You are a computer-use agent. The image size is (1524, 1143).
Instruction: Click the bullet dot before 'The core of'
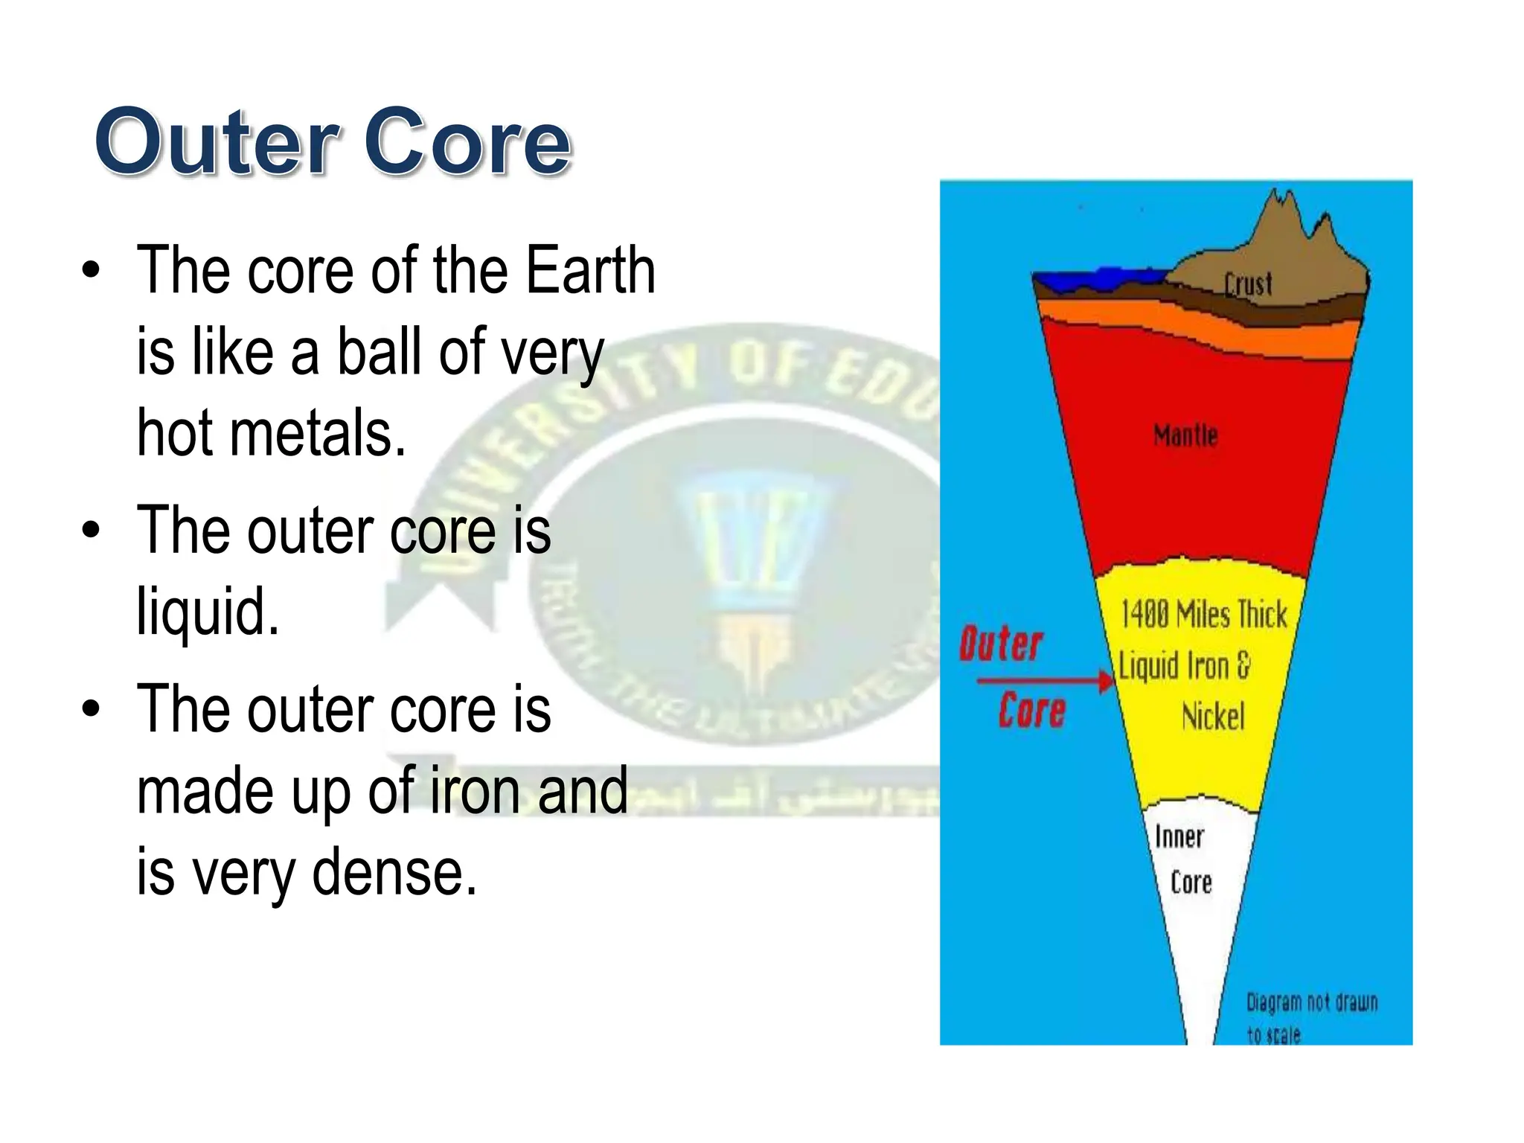pos(91,272)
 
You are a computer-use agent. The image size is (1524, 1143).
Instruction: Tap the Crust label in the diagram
pos(1248,284)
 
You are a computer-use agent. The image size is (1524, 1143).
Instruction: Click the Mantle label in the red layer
pos(1185,435)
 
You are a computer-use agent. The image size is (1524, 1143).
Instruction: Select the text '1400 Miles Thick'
pos(1203,615)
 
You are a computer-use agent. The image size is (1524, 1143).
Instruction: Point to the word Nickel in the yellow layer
pos(1212,717)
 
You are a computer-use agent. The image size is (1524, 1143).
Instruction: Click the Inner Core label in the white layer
pos(1183,859)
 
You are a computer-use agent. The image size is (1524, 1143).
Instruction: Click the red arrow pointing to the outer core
pos(1042,680)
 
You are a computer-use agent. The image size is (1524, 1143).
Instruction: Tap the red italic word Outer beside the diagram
pos(1000,644)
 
